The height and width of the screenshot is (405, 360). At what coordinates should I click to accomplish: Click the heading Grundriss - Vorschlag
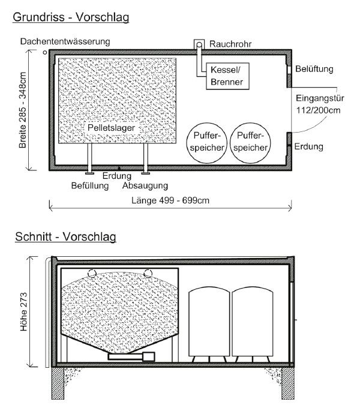(x=71, y=17)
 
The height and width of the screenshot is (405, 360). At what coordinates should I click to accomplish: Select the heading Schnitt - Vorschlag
(x=65, y=236)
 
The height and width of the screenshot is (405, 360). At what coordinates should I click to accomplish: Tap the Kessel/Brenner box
(x=227, y=76)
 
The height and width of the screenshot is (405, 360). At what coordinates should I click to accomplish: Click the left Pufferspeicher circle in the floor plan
(x=206, y=143)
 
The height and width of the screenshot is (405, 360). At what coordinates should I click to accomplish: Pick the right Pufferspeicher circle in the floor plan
(x=250, y=143)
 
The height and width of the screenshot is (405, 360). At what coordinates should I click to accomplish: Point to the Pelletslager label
(x=111, y=128)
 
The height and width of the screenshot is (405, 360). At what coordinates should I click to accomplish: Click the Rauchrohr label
(x=230, y=44)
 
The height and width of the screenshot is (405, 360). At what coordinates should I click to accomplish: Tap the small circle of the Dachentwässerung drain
(x=45, y=52)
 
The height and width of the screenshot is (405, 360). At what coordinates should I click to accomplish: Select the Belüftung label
(x=314, y=69)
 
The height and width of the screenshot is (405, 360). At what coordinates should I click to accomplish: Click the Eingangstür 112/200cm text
(x=320, y=104)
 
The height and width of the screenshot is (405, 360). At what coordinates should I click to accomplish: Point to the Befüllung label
(x=90, y=186)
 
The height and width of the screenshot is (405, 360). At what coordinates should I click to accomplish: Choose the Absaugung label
(x=145, y=185)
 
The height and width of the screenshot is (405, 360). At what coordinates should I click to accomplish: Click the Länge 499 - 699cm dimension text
(x=170, y=200)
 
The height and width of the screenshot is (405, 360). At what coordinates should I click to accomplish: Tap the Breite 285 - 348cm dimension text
(x=23, y=110)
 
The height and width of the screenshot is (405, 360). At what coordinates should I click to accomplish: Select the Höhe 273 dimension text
(x=23, y=312)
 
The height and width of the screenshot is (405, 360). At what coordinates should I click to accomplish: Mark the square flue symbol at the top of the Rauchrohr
(x=199, y=44)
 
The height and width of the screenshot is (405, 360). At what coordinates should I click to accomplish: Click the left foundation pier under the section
(x=58, y=383)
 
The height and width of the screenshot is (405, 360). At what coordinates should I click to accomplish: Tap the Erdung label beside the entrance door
(x=309, y=147)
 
